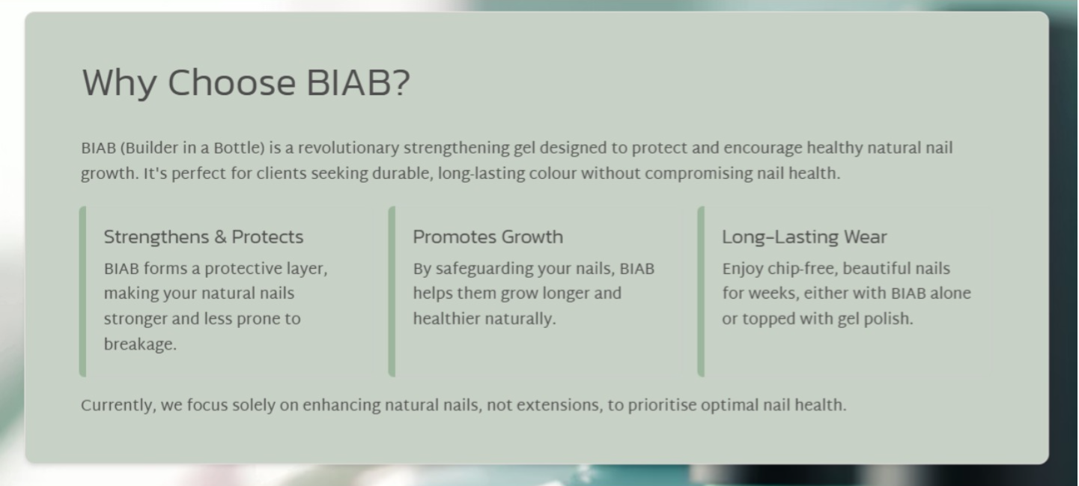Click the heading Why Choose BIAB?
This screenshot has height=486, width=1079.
(246, 84)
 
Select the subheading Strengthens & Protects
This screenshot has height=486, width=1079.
(204, 237)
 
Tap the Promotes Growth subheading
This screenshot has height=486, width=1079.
(488, 237)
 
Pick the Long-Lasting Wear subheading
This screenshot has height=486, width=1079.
(804, 237)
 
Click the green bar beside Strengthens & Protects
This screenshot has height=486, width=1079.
(83, 291)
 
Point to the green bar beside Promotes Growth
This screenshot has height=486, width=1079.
(392, 291)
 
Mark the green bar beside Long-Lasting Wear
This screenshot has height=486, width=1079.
(702, 291)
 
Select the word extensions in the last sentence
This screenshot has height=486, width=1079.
(559, 406)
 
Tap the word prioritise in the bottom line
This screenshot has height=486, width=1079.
(663, 406)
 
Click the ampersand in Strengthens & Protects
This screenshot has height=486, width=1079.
(220, 237)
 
